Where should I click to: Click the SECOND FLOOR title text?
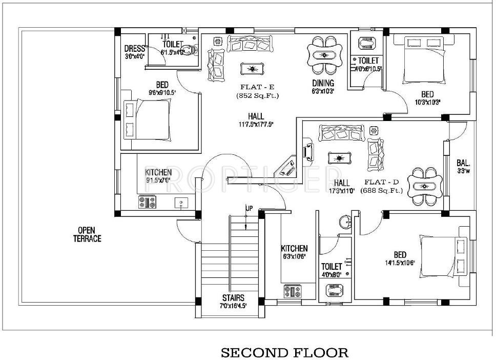click(x=284, y=352)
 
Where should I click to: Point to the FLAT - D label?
click(x=381, y=182)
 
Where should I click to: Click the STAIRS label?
click(x=233, y=298)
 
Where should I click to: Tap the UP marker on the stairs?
click(x=249, y=208)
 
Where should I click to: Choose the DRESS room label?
click(x=135, y=49)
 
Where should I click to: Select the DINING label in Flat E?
click(x=323, y=83)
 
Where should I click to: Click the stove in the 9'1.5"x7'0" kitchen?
click(x=147, y=203)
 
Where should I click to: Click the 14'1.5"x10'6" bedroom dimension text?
click(x=400, y=263)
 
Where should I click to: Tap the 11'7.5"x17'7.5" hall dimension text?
click(x=256, y=124)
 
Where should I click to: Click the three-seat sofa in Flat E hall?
click(x=249, y=44)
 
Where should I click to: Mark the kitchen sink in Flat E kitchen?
click(x=180, y=203)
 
